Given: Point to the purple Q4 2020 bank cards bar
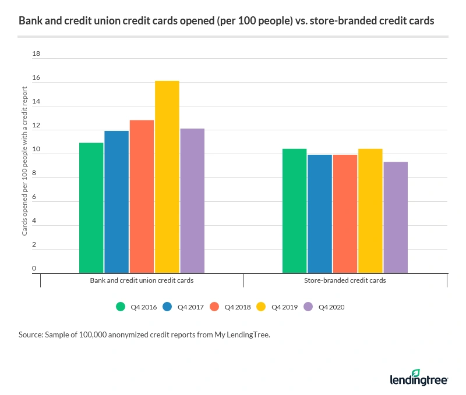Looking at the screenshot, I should pos(192,201).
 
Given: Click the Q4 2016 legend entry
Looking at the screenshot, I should pos(137,307).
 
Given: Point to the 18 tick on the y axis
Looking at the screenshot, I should pos(36,54).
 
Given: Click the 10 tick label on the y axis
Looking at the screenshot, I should pos(36,150).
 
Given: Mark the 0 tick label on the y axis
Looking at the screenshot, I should pos(34,269).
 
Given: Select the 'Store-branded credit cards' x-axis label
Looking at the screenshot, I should pos(345,280).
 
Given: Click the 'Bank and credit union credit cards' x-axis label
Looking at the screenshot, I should pos(142,280).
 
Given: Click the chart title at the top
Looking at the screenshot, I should pos(226,21).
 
